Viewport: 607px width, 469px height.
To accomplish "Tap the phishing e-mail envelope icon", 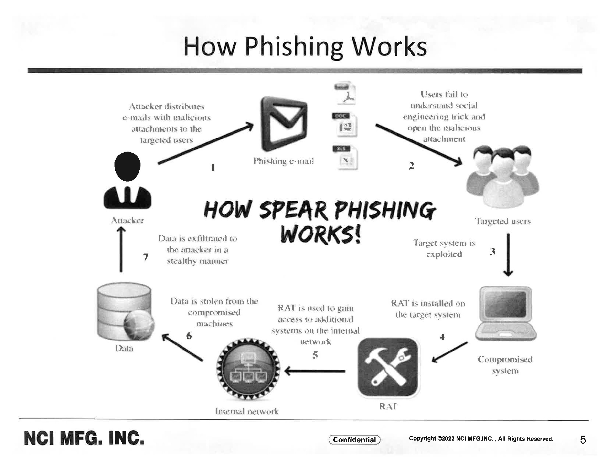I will pos(283,124).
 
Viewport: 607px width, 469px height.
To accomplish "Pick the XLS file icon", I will pos(345,157).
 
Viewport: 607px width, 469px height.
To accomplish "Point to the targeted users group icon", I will pos(502,177).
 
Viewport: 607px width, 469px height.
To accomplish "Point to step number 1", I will pos(213,167).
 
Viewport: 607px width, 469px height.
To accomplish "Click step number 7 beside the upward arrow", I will pos(146,257).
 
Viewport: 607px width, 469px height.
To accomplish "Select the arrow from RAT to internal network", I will pos(315,371).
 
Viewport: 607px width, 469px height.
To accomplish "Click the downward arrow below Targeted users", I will pos(508,255).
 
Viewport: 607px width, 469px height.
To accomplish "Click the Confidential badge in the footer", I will pos(354,439).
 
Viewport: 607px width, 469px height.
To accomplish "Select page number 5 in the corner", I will pos(583,439).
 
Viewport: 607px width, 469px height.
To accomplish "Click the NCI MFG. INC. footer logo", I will pos(84,438).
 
